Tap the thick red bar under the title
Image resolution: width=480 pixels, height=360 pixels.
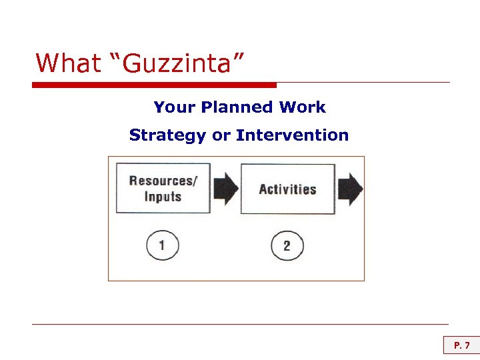click(154, 85)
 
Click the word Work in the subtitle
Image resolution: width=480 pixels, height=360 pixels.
click(303, 107)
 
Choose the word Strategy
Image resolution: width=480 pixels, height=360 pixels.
click(168, 135)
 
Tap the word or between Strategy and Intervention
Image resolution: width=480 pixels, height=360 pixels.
click(221, 135)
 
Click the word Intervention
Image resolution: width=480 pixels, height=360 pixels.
click(292, 135)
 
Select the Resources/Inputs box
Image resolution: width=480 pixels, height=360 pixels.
click(163, 188)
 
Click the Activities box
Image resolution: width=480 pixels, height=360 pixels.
click(287, 189)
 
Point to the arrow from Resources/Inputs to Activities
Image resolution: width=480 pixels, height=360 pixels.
click(226, 189)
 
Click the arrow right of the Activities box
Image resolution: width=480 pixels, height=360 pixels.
click(351, 189)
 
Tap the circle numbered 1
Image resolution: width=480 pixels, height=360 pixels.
click(162, 245)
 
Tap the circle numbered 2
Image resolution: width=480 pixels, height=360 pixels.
click(287, 246)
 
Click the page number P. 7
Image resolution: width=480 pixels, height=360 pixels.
click(462, 345)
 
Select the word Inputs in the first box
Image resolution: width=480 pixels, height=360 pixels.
click(163, 197)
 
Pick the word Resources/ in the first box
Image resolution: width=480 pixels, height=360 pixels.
click(163, 181)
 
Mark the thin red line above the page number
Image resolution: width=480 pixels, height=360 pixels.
click(240, 325)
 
